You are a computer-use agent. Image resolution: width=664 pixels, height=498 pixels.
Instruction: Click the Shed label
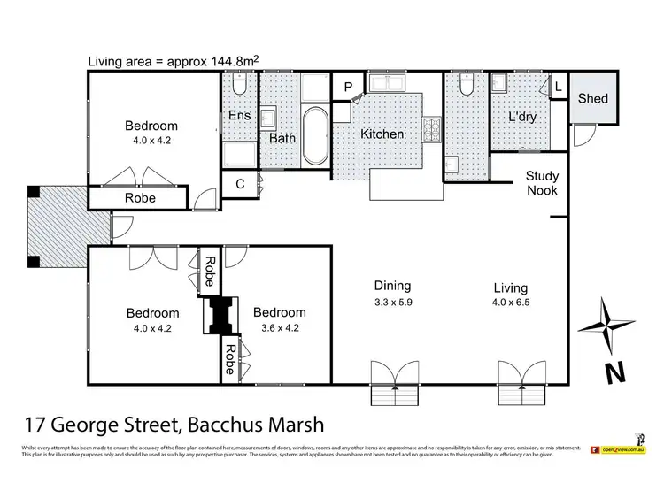point(592,97)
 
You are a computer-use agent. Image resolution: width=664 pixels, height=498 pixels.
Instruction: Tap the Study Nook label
point(542,183)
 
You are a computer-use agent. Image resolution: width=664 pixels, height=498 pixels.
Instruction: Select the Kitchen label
point(382,134)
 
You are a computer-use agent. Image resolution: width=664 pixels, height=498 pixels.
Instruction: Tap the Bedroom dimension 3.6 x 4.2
point(280,328)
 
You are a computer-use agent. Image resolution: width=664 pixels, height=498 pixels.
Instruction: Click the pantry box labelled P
point(349,86)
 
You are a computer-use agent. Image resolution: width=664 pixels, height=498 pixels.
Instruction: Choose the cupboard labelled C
point(239,185)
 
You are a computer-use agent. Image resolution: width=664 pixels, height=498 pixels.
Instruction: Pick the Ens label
point(238,116)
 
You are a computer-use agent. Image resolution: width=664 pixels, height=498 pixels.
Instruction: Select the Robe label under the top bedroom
point(139,198)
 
